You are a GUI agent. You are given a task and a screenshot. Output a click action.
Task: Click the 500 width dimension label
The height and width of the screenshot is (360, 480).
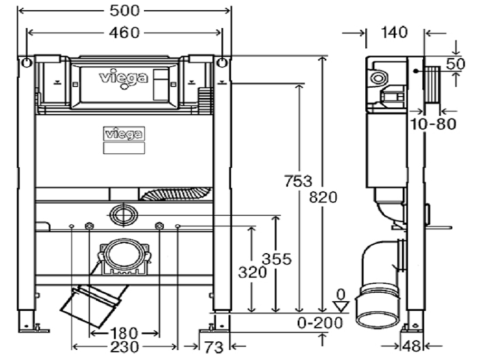pos(125,11)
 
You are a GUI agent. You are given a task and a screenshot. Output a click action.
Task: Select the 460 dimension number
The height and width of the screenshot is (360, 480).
pos(124,33)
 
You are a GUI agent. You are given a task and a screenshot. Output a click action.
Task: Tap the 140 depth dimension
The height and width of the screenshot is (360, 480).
pos(394,32)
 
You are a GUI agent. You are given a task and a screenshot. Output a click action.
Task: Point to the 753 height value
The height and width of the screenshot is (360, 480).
pos(298,181)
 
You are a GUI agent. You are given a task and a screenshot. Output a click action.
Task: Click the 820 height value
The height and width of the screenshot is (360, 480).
pos(323,197)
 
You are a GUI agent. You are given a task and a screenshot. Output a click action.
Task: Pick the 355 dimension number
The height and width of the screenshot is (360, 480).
pos(276,260)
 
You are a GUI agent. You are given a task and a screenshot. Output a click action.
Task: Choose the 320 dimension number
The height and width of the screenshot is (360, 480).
pos(253,272)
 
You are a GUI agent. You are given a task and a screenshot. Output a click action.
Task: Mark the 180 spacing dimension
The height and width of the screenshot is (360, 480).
pos(124,333)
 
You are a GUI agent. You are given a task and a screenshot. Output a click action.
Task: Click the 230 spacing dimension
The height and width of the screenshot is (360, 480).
pos(125,347)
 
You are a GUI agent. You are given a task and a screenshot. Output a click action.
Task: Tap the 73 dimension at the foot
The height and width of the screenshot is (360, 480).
pos(214,347)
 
